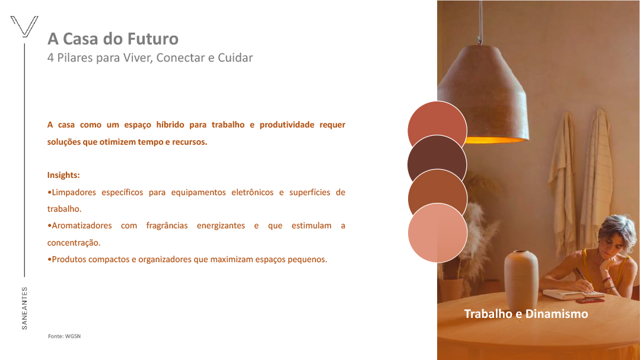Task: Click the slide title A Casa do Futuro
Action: [x=113, y=39]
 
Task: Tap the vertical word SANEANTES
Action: [x=24, y=308]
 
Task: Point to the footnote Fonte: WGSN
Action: [x=65, y=336]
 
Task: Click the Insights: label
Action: [x=63, y=175]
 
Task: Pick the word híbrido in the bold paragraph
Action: [x=170, y=125]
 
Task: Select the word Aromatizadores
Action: [x=82, y=226]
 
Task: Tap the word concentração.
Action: [x=74, y=243]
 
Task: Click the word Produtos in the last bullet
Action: [x=68, y=260]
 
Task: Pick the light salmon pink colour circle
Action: [x=438, y=232]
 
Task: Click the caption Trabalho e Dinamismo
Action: [x=526, y=314]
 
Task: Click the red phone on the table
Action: [x=590, y=301]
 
